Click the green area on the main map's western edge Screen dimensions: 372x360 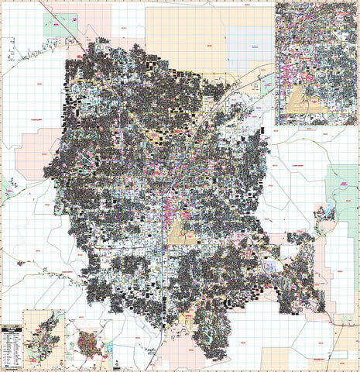tap(6, 186)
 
